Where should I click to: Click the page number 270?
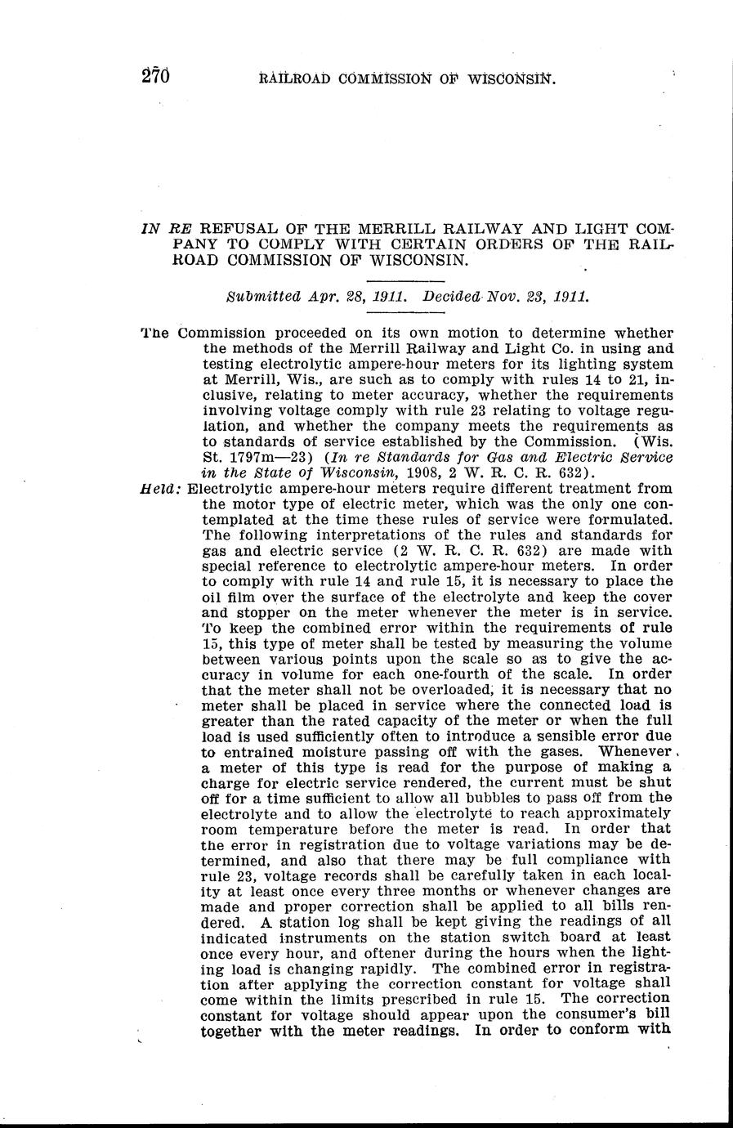click(x=154, y=77)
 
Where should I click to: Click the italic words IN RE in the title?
click(x=168, y=229)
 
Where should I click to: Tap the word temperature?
click(x=270, y=829)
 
